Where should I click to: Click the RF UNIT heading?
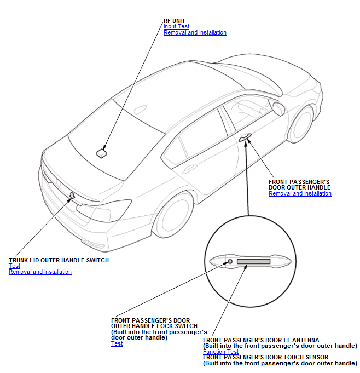click(x=175, y=21)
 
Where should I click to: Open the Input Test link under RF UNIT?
click(x=176, y=26)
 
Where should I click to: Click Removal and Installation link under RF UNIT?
click(x=195, y=32)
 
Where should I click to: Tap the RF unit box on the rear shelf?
click(x=101, y=153)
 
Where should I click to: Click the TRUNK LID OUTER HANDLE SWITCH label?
click(x=59, y=260)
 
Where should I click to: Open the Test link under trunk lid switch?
click(x=14, y=266)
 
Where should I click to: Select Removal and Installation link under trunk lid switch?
click(x=40, y=272)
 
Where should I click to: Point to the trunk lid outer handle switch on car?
click(x=72, y=195)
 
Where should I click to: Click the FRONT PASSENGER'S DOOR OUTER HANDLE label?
click(x=299, y=184)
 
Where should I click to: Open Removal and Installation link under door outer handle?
click(x=300, y=193)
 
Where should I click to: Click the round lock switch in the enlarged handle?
click(x=230, y=261)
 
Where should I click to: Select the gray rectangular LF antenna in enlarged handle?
click(x=253, y=261)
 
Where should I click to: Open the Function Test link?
click(x=220, y=352)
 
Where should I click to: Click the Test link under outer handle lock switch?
click(x=117, y=344)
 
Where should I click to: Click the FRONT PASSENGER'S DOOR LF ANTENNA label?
click(x=261, y=340)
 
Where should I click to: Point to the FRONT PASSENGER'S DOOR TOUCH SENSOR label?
click(x=265, y=357)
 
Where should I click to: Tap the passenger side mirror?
click(x=278, y=108)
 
